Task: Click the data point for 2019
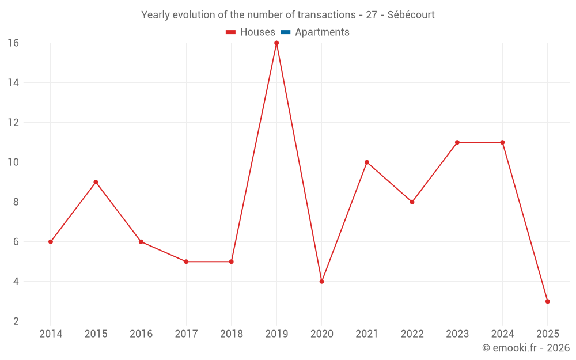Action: pyautogui.click(x=276, y=43)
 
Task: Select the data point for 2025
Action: pyautogui.click(x=547, y=301)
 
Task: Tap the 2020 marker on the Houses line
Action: pyautogui.click(x=321, y=282)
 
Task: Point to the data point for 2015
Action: pyautogui.click(x=96, y=182)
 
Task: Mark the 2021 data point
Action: pyautogui.click(x=367, y=162)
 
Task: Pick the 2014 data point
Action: pyautogui.click(x=51, y=242)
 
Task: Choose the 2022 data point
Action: pyautogui.click(x=412, y=202)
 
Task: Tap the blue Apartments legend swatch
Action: pyautogui.click(x=286, y=32)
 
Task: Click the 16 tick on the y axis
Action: pyautogui.click(x=13, y=43)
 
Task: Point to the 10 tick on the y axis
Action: pyautogui.click(x=13, y=162)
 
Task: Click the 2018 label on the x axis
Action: pyautogui.click(x=231, y=334)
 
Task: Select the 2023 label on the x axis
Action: pyautogui.click(x=457, y=334)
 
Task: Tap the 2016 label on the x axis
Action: pyautogui.click(x=141, y=334)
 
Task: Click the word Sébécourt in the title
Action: pyautogui.click(x=411, y=15)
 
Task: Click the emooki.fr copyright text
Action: pyautogui.click(x=526, y=348)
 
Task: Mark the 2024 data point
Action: pyautogui.click(x=502, y=142)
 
